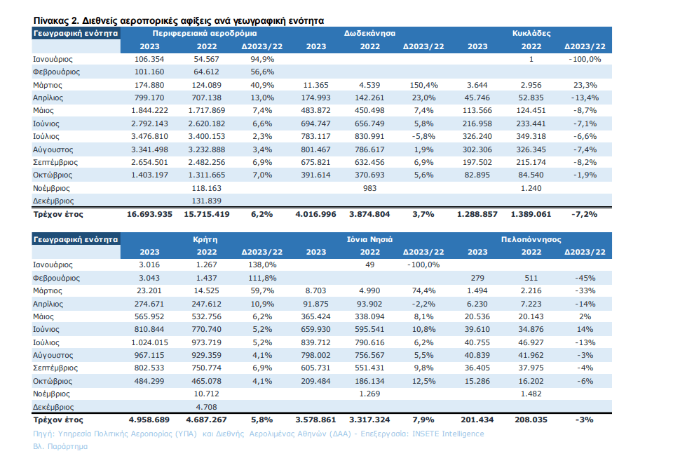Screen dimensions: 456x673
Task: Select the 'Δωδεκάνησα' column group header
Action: [x=370, y=33]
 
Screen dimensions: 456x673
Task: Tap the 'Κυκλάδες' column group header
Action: [x=531, y=33]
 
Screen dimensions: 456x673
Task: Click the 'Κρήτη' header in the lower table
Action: [x=203, y=239]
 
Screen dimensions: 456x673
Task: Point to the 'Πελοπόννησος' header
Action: [x=531, y=239]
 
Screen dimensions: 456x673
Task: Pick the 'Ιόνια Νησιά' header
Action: [x=370, y=239]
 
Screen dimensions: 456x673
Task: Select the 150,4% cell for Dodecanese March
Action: [x=424, y=85]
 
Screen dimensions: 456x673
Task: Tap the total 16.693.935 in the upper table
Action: [x=149, y=214]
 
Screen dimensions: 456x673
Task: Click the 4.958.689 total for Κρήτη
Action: [x=149, y=420]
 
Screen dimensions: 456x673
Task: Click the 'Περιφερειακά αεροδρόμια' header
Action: [x=203, y=33]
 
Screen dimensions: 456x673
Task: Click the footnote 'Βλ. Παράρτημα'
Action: [x=60, y=446]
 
